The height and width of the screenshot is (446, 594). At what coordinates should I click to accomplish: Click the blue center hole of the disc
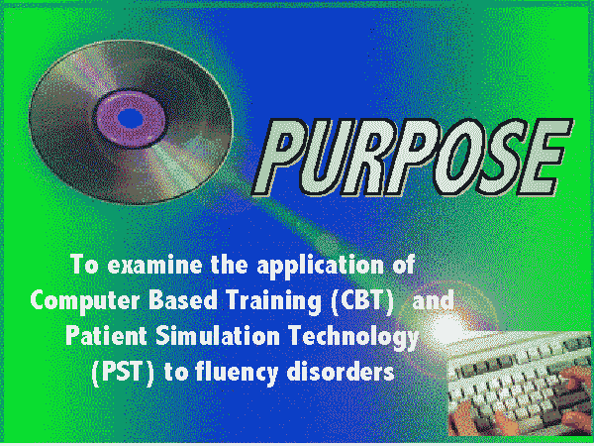point(131,118)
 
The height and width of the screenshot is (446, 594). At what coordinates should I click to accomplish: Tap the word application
point(320,267)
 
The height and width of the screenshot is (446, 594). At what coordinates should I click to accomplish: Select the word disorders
point(341,372)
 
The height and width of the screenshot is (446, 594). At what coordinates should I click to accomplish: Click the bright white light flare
point(447,327)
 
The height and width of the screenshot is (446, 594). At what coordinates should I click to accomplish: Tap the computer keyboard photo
point(520,383)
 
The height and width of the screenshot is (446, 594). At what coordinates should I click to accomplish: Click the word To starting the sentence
point(84,264)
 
